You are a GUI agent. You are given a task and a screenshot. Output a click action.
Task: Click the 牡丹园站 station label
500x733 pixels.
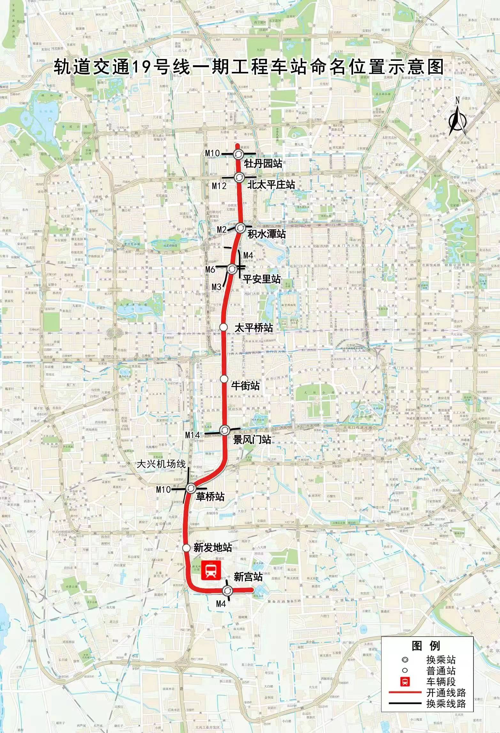click(x=263, y=164)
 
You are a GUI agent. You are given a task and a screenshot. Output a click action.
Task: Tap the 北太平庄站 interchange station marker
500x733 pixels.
click(x=239, y=177)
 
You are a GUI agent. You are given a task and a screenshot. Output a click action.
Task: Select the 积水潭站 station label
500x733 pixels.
click(x=266, y=234)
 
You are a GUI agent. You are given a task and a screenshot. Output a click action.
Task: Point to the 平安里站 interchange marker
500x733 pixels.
click(x=232, y=269)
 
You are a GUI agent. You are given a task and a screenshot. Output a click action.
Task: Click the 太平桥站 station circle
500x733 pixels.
click(x=224, y=327)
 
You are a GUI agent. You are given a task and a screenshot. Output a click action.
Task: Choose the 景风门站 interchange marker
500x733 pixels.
click(x=224, y=430)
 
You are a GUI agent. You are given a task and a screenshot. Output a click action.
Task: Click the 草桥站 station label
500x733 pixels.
click(x=210, y=496)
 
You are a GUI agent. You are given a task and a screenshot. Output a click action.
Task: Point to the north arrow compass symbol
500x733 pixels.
click(x=457, y=118)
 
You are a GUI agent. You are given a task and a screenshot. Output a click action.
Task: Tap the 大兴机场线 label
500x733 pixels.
click(x=161, y=464)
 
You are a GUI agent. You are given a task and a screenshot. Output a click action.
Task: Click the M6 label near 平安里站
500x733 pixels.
click(x=210, y=269)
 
